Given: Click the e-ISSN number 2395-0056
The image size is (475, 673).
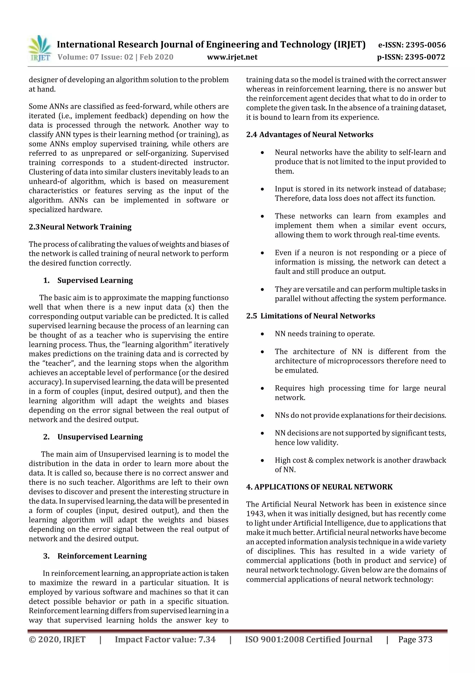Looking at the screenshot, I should [x=425, y=45].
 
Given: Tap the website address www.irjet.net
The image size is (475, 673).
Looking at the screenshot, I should [x=232, y=57].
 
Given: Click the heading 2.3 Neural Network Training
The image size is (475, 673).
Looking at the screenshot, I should [x=80, y=227].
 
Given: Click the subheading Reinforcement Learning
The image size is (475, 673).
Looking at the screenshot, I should [x=102, y=556].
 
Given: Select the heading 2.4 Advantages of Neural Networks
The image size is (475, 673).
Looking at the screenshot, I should [x=310, y=135].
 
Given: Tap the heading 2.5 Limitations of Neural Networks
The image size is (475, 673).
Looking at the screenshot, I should [x=311, y=316].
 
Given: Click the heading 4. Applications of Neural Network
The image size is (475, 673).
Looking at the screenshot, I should [x=319, y=487].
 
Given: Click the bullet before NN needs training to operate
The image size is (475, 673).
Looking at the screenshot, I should [x=263, y=334].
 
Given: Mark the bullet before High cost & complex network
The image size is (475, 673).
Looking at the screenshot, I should [x=263, y=460].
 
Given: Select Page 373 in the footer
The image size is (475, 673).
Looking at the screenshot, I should [x=415, y=640].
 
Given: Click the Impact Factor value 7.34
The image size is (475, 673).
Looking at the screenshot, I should [x=207, y=640].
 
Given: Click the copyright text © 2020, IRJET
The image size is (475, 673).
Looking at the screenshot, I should [x=57, y=640].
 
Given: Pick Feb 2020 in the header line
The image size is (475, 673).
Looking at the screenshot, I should [x=156, y=57].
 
